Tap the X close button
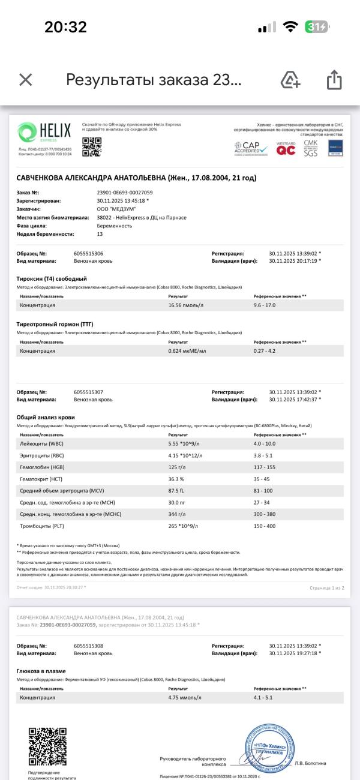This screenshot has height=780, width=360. [x=25, y=80]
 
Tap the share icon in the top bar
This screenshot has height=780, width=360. [x=334, y=80]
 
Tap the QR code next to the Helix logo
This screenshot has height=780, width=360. [x=92, y=146]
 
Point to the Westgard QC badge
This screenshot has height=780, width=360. [x=286, y=149]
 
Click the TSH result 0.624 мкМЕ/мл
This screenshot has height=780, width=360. [x=187, y=350]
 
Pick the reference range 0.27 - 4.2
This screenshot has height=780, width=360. [x=265, y=350]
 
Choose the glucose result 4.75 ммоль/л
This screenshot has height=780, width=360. [x=185, y=698]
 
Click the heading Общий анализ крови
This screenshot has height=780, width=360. [x=46, y=417]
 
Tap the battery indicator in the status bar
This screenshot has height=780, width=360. [x=316, y=27]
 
